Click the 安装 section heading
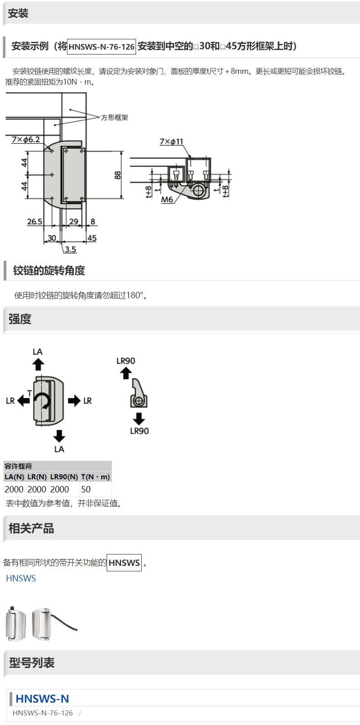(18, 14)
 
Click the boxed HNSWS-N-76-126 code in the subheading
(102, 47)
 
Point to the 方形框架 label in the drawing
(114, 118)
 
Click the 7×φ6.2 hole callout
(26, 139)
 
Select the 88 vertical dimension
(118, 175)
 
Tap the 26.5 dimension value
(35, 222)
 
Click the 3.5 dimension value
(70, 249)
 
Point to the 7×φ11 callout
(171, 142)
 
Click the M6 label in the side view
(167, 200)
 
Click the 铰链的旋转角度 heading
(49, 270)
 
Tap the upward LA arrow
(38, 364)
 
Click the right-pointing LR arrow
(74, 401)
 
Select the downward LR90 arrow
(139, 418)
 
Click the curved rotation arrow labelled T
(44, 401)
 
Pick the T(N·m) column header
(95, 477)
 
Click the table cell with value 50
(86, 489)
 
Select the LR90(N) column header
(64, 477)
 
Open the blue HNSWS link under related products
(21, 578)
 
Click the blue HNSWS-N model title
(42, 699)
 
